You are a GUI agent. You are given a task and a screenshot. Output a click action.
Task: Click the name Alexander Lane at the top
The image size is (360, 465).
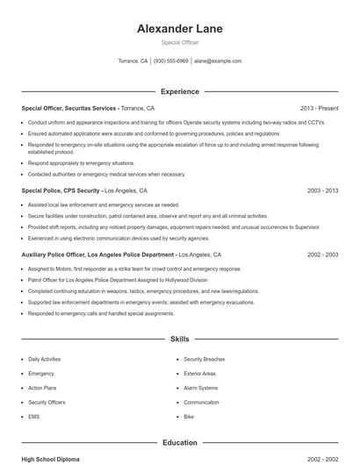179,29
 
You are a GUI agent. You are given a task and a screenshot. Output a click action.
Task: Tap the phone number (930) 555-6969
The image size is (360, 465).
171,61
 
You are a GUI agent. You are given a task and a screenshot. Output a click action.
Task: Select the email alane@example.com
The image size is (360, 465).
218,61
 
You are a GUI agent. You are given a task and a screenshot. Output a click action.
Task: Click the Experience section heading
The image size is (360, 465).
179,91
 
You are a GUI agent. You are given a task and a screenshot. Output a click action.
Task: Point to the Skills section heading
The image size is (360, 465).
179,338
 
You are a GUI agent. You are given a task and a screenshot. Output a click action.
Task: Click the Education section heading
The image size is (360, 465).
179,443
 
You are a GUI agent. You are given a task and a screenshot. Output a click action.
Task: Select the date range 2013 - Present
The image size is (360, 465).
319,108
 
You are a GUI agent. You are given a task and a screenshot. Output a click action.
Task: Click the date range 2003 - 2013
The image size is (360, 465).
322,190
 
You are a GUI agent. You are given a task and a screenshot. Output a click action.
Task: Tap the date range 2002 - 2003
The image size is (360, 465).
322,255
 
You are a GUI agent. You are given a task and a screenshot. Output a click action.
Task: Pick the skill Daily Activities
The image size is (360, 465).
45,359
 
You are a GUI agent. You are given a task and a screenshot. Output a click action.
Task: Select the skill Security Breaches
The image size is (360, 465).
204,359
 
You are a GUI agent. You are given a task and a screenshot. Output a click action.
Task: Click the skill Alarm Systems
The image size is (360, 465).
200,388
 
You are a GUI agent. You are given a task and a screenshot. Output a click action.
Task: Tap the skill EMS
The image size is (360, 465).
34,417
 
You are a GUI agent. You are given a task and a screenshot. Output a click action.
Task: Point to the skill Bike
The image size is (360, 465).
189,417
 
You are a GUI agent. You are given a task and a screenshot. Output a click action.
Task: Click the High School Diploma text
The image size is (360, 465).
52,459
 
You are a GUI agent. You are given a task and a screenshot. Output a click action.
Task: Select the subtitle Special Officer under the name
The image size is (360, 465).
179,43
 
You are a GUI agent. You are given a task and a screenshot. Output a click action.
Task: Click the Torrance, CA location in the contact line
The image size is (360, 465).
133,61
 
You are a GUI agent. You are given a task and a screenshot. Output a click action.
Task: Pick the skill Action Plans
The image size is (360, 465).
41,388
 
